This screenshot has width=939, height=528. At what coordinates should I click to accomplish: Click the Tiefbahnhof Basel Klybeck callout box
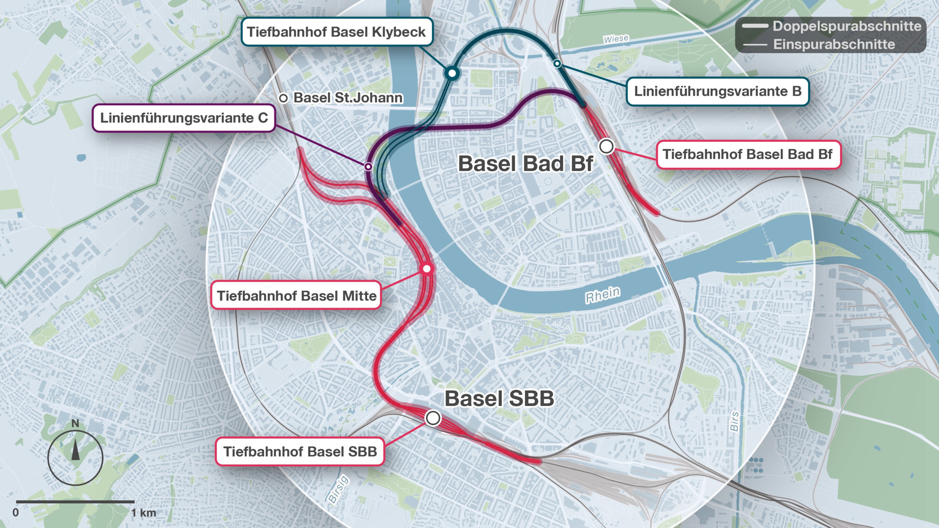pos(337,32)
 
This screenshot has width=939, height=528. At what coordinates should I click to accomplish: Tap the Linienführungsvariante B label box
pos(718,91)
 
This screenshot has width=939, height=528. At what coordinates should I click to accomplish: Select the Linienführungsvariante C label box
pos(184,118)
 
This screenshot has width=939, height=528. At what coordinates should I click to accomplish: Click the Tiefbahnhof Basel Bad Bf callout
pos(748,154)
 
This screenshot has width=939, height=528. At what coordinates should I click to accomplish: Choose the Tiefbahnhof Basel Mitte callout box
pos(296,296)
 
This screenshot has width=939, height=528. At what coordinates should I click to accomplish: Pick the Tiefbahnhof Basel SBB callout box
pos(300,451)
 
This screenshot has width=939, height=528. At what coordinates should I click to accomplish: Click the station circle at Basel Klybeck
pos(452,73)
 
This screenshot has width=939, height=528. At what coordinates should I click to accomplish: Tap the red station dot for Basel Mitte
pos(427,269)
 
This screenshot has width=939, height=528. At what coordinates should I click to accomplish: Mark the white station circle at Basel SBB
pos(433,418)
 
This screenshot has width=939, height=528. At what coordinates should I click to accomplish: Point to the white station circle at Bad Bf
pos(607,147)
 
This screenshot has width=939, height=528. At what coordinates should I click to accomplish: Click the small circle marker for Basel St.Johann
pos(283,98)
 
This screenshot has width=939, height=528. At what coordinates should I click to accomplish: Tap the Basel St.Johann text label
pos(348,98)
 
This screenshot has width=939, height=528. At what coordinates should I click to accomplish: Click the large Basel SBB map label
pos(499,398)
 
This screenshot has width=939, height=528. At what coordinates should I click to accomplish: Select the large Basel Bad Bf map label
pos(525,164)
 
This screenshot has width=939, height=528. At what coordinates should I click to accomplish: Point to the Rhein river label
pos(602,295)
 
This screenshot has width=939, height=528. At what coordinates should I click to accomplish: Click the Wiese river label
pos(616,39)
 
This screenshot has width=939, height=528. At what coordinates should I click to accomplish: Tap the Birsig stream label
pos(339,489)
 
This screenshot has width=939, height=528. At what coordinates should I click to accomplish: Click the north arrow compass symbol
pos(75,457)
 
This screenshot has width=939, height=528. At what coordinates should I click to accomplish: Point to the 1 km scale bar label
pos(144,512)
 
